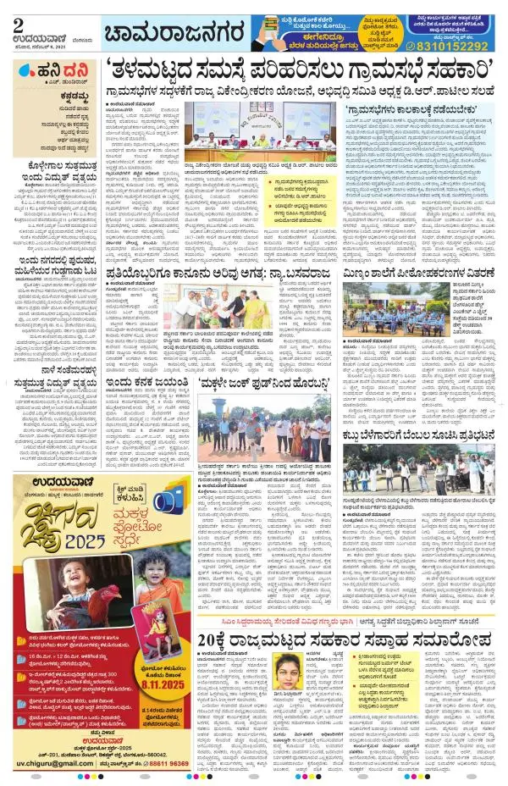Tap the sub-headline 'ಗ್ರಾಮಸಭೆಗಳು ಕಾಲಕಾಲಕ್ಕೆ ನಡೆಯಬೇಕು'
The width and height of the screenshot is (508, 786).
pyautogui.click(x=432, y=109)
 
